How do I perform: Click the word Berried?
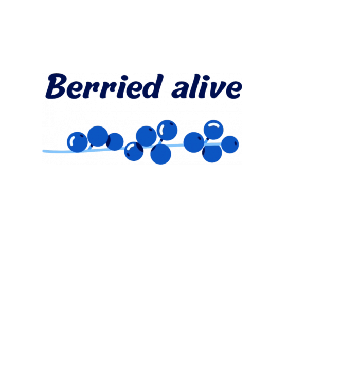click(x=104, y=86)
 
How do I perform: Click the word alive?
click(x=207, y=87)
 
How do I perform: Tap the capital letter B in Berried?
click(x=56, y=86)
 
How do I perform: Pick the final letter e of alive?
click(x=233, y=89)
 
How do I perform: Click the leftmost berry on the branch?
click(x=77, y=142)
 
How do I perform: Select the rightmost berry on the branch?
click(x=230, y=144)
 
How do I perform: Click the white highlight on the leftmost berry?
click(x=73, y=140)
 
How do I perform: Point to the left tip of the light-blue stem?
click(x=44, y=151)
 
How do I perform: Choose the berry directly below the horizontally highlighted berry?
click(x=212, y=153)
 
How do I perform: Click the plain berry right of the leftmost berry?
click(x=98, y=136)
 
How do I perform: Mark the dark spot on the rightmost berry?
click(x=236, y=143)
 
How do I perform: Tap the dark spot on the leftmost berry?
click(x=82, y=136)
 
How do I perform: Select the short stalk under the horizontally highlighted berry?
click(x=207, y=141)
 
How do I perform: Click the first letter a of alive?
click(x=180, y=89)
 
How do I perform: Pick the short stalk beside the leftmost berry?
click(x=91, y=147)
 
